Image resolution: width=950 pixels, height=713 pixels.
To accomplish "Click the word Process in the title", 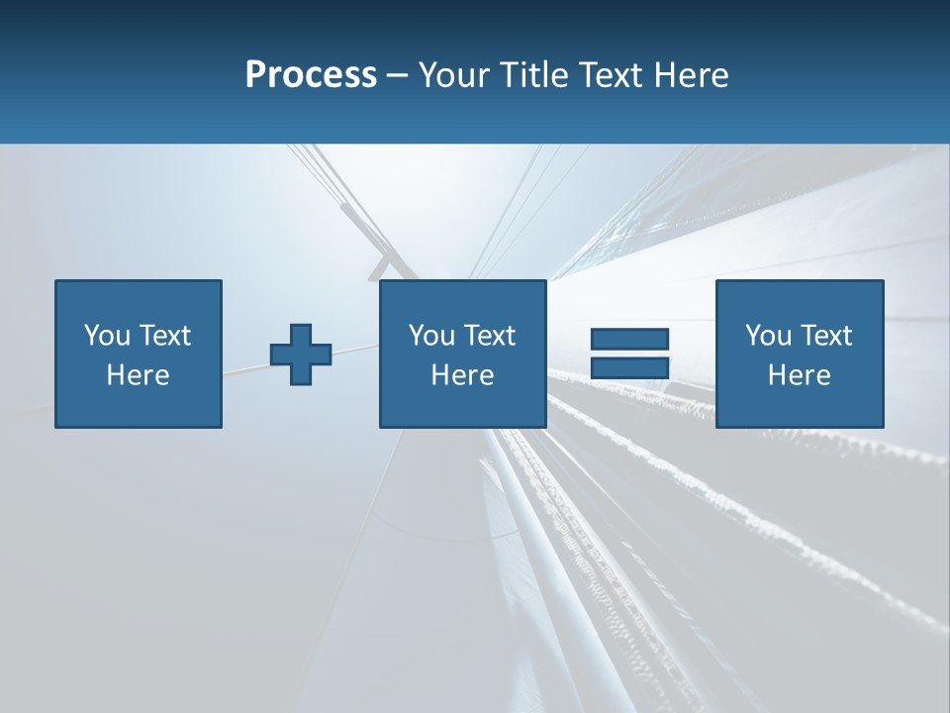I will (311, 75).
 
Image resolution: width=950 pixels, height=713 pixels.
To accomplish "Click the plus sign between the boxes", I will (301, 355).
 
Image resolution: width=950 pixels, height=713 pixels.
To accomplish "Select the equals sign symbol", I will (629, 354).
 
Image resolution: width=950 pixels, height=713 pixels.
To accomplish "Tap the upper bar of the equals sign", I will (629, 340).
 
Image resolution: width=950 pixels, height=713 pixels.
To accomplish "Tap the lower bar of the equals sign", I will (629, 367).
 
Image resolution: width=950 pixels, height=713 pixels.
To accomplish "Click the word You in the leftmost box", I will (107, 336).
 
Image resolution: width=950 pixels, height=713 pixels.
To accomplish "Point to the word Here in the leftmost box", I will (139, 375).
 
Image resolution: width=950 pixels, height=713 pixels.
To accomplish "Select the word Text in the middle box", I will (489, 336).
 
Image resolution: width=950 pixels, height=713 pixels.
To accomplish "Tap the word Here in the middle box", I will (462, 375).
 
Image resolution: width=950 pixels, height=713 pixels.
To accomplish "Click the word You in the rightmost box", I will (768, 336).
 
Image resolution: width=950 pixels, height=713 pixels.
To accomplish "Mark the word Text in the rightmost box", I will (825, 336).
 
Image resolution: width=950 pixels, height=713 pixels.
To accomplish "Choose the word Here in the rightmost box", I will (800, 375).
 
